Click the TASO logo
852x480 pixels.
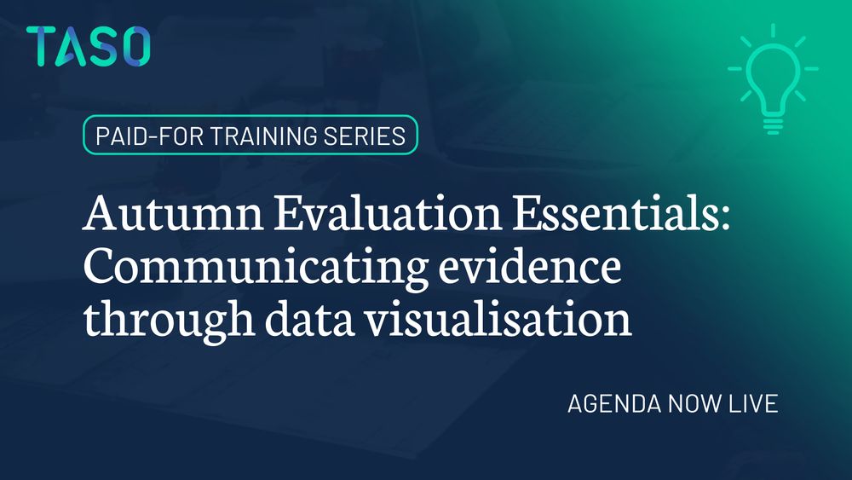pyautogui.click(x=88, y=46)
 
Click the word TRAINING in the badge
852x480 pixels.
pyautogui.click(x=261, y=135)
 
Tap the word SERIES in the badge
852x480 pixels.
pyautogui.click(x=368, y=135)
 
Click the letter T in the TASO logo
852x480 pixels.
pyautogui.click(x=42, y=46)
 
